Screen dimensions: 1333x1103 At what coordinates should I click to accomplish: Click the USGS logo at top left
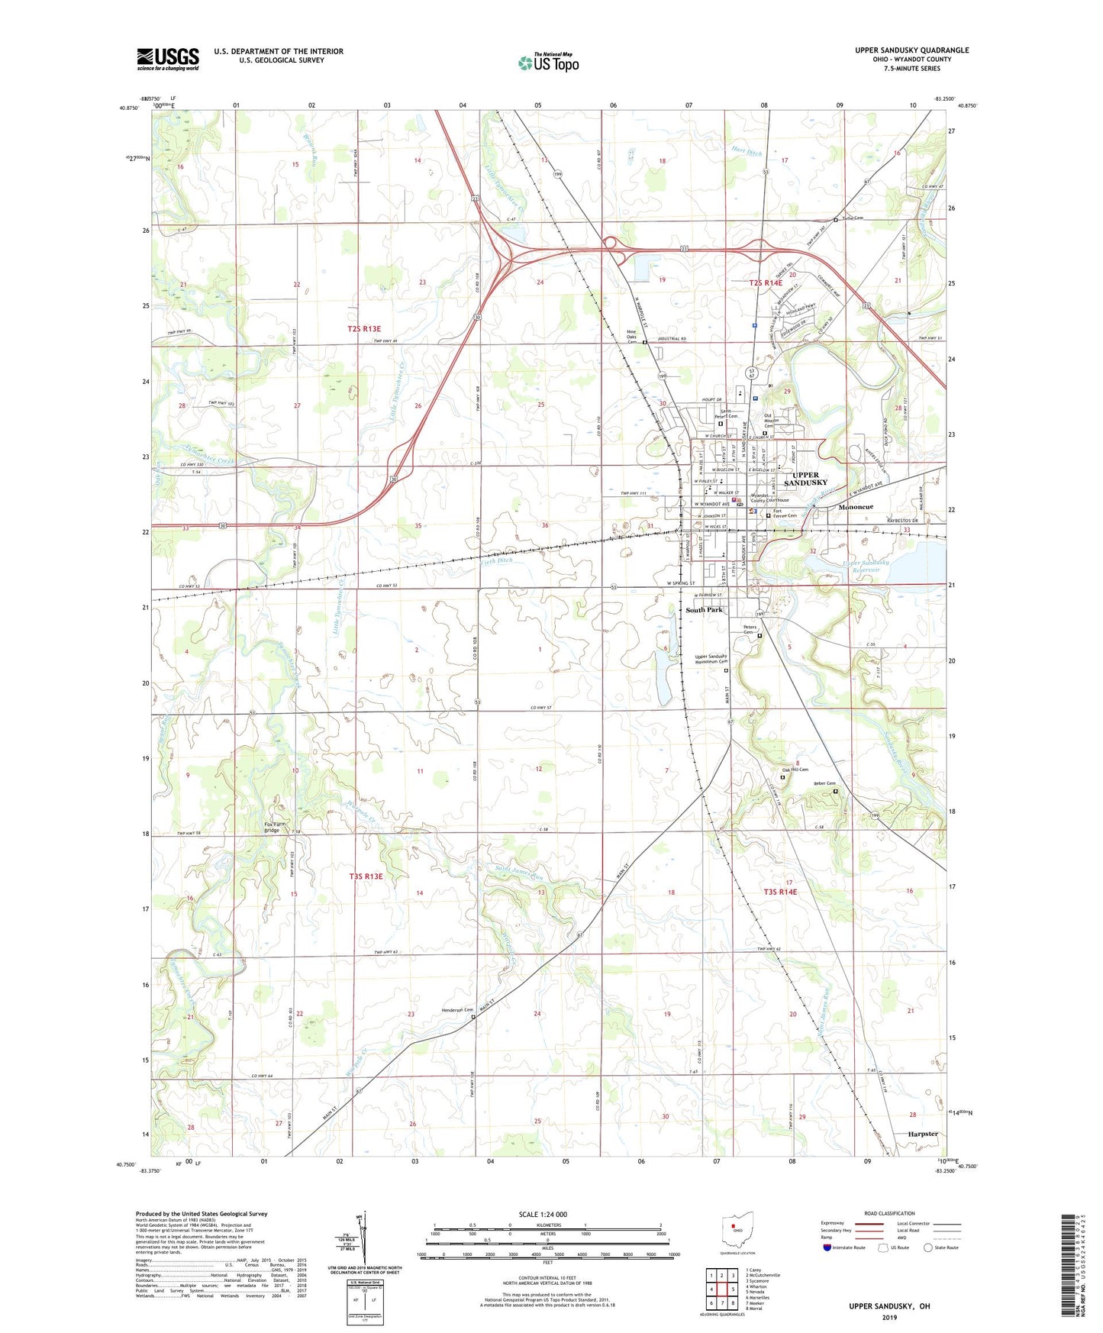point(168,59)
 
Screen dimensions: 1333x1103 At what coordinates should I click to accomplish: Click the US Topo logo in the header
point(548,63)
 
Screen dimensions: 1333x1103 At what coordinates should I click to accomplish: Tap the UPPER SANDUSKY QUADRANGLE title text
point(911,50)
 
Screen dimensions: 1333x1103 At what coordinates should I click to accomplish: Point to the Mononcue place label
point(855,507)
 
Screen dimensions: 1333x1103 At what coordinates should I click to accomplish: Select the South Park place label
point(703,610)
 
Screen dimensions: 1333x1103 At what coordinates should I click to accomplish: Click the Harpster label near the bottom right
point(922,1134)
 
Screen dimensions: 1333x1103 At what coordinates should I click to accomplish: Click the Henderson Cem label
point(457,1010)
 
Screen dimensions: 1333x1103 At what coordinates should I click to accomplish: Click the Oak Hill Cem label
point(795,770)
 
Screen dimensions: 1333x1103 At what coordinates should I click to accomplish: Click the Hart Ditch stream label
point(746,153)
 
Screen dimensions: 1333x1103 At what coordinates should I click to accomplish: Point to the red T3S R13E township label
point(366,876)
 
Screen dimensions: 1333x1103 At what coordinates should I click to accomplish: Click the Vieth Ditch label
point(497,560)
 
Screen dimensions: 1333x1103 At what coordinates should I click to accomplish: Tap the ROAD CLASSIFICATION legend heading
point(889,1213)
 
